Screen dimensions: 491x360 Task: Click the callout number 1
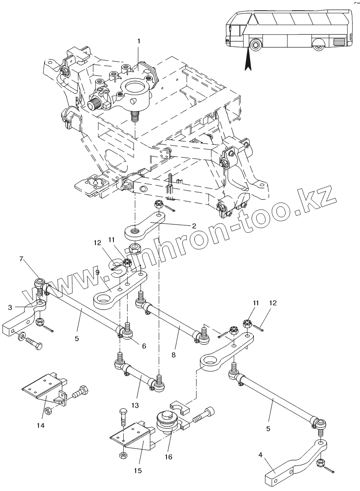pyautogui.click(x=138, y=42)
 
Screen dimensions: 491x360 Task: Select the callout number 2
pyautogui.click(x=194, y=226)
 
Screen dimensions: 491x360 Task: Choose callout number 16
pyautogui.click(x=169, y=457)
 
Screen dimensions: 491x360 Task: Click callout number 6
pyautogui.click(x=144, y=346)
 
